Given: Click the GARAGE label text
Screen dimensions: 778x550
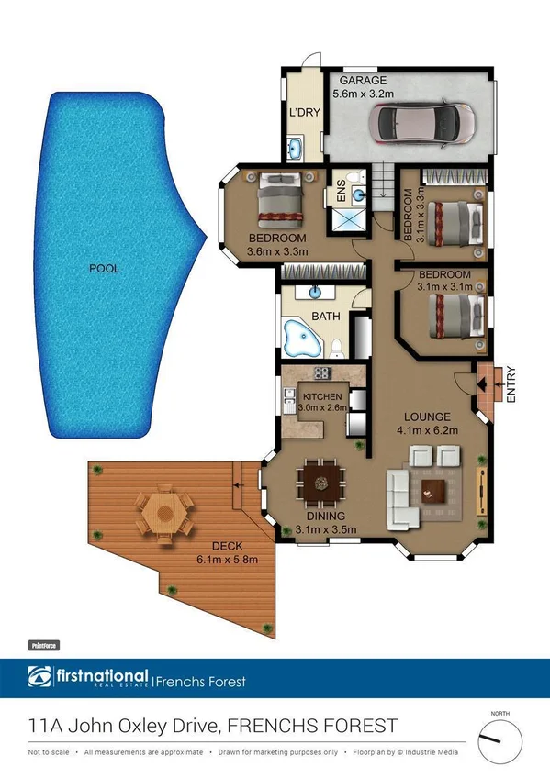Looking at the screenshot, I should pyautogui.click(x=364, y=80).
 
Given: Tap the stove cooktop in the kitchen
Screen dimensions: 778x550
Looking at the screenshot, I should pyautogui.click(x=322, y=373).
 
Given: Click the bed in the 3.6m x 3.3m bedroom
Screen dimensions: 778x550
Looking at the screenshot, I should pyautogui.click(x=279, y=200).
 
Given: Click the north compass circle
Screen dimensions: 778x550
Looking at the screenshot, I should pyautogui.click(x=499, y=739).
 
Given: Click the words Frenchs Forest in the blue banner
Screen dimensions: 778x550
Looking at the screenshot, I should pyautogui.click(x=202, y=682).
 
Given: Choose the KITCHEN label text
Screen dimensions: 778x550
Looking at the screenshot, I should pyautogui.click(x=321, y=396).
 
